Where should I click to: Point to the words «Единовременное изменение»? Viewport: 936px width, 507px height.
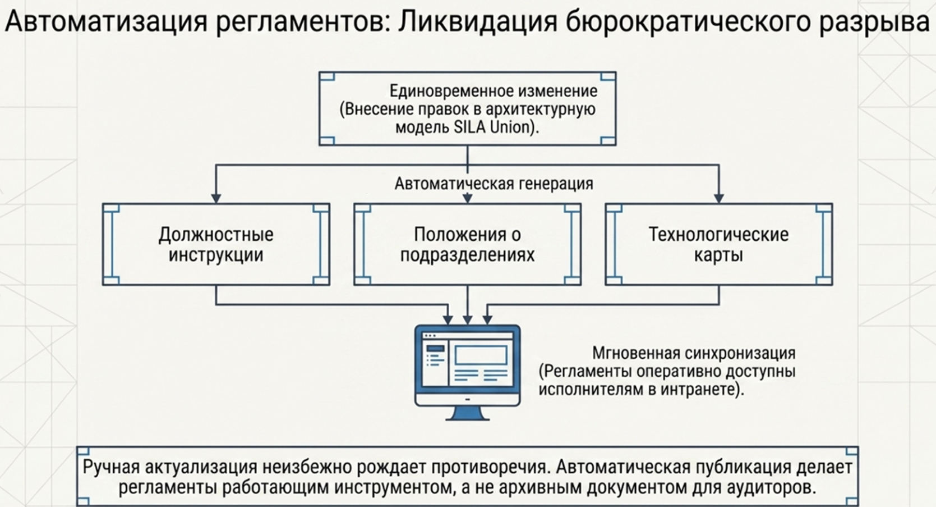[x=494, y=91]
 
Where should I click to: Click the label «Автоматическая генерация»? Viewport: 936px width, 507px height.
[x=494, y=184]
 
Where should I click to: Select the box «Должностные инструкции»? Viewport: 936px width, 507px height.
[x=216, y=244]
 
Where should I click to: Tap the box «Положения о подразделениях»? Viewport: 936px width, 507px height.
[x=467, y=244]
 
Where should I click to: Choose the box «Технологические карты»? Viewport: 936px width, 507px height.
[x=718, y=244]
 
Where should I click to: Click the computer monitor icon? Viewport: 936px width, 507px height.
[x=467, y=365]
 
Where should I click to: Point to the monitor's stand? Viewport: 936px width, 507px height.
[x=467, y=413]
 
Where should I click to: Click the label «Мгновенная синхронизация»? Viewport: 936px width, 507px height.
[x=694, y=353]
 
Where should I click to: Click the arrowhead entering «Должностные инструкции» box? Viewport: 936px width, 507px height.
[x=216, y=198]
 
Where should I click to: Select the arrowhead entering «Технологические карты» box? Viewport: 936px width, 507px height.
[x=718, y=198]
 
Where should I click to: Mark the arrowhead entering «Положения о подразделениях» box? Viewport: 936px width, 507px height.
[x=467, y=198]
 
